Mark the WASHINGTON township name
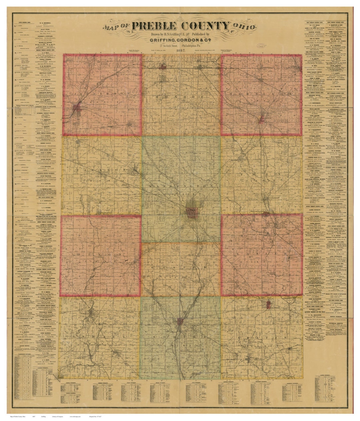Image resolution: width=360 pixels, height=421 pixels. (x=181, y=186)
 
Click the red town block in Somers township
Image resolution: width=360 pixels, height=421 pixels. (x=180, y=322)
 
